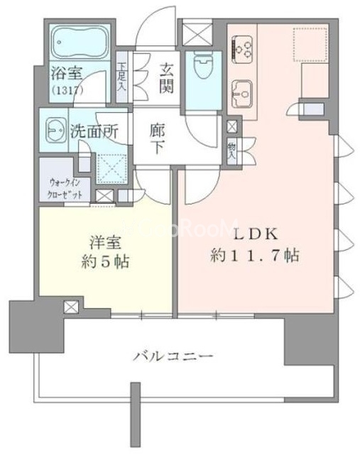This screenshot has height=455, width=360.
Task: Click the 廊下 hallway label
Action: [x=158, y=140]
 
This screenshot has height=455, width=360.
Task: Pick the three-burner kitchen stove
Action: [x=244, y=47]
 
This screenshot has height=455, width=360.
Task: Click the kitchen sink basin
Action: [x=243, y=92]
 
